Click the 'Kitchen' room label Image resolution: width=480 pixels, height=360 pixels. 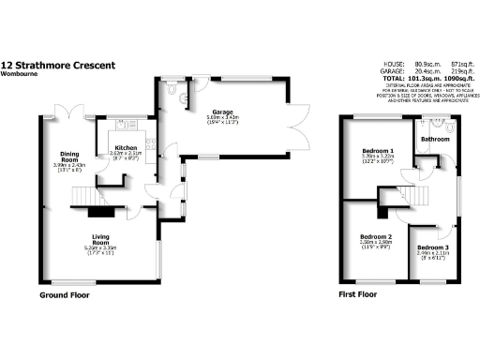(x=127, y=148)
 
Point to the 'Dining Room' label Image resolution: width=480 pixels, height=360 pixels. (x=68, y=157)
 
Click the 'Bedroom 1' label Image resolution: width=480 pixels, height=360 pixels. (x=378, y=151)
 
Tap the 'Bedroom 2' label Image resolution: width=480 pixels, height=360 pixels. (x=375, y=236)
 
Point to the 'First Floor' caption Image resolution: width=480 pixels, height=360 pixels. (x=357, y=295)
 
